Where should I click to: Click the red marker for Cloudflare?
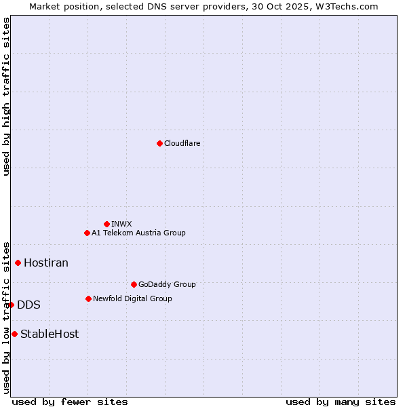(159, 143)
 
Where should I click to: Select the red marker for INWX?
(106, 224)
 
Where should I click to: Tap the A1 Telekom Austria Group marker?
(87, 233)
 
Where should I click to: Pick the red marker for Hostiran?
(18, 263)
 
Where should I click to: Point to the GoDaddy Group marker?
(134, 284)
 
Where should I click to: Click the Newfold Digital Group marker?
(88, 298)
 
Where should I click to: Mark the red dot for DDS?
(12, 305)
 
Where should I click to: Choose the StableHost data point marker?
(14, 334)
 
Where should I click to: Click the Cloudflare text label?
(182, 143)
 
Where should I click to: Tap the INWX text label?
(122, 224)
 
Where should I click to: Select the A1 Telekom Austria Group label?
(138, 233)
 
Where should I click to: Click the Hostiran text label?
(46, 263)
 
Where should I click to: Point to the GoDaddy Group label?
(167, 284)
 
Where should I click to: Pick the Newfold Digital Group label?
(132, 298)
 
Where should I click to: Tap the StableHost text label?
(50, 334)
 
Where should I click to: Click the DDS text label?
(28, 305)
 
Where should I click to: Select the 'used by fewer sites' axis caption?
(70, 402)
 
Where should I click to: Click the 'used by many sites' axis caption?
(341, 402)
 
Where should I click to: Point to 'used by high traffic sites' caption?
(6, 96)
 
